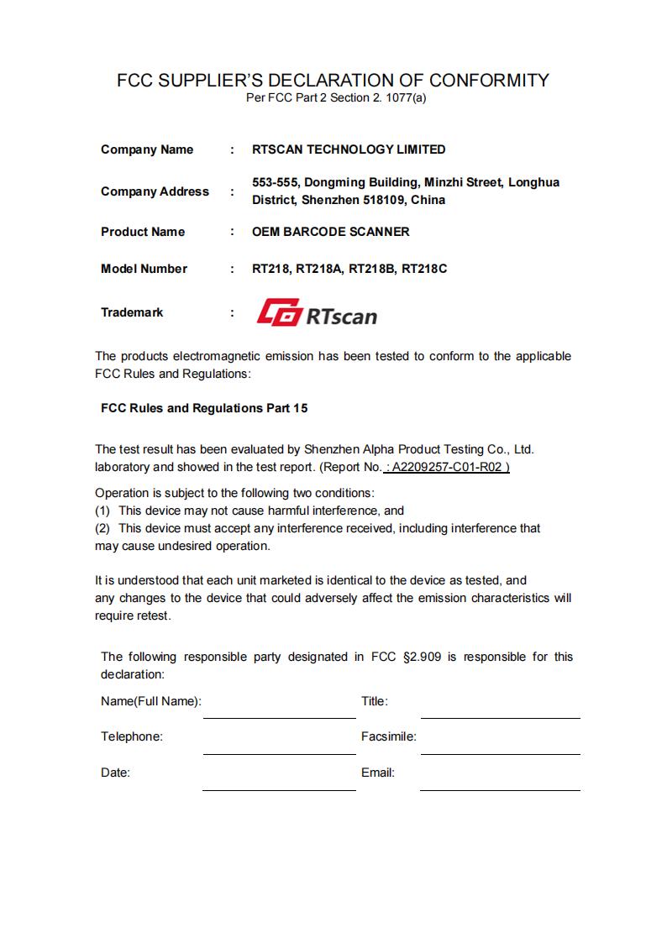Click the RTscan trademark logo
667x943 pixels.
click(x=316, y=314)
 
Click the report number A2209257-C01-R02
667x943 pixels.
click(x=450, y=467)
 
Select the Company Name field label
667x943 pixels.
click(x=147, y=149)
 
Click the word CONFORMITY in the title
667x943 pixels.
click(x=489, y=81)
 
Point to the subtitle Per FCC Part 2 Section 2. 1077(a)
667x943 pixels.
click(x=336, y=98)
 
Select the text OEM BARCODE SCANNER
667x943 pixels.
click(x=331, y=232)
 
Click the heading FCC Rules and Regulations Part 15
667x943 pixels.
click(x=204, y=408)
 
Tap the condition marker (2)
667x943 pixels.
click(x=102, y=528)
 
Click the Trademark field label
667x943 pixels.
click(x=132, y=312)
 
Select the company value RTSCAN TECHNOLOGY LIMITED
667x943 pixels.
click(x=349, y=149)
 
